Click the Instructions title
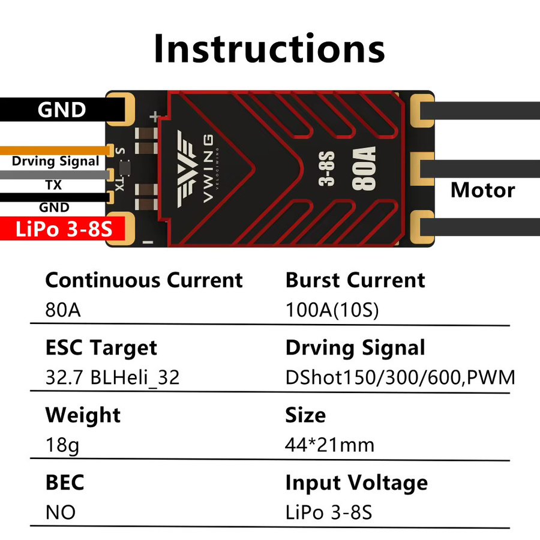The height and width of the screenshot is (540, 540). click(269, 49)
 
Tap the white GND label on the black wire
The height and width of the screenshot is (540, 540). click(62, 110)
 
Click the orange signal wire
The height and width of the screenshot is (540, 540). click(55, 151)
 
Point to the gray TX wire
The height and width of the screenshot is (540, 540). click(55, 175)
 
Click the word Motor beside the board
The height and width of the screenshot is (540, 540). click(483, 190)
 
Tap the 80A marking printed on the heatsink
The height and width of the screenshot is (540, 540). click(364, 169)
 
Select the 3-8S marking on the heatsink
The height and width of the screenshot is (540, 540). click(326, 169)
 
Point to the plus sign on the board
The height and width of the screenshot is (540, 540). click(155, 116)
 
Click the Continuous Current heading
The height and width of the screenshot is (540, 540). click(144, 280)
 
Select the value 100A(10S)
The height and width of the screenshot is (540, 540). click(332, 310)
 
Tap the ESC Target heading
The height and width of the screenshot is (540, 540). click(101, 348)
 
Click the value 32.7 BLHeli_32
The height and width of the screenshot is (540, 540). click(112, 377)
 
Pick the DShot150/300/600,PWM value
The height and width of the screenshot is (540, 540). click(400, 377)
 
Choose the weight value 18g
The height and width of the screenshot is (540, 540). click(62, 445)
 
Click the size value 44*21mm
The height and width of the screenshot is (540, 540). click(329, 445)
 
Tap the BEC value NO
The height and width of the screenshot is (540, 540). click(61, 512)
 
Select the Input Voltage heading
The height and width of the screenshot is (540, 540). click(356, 483)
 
